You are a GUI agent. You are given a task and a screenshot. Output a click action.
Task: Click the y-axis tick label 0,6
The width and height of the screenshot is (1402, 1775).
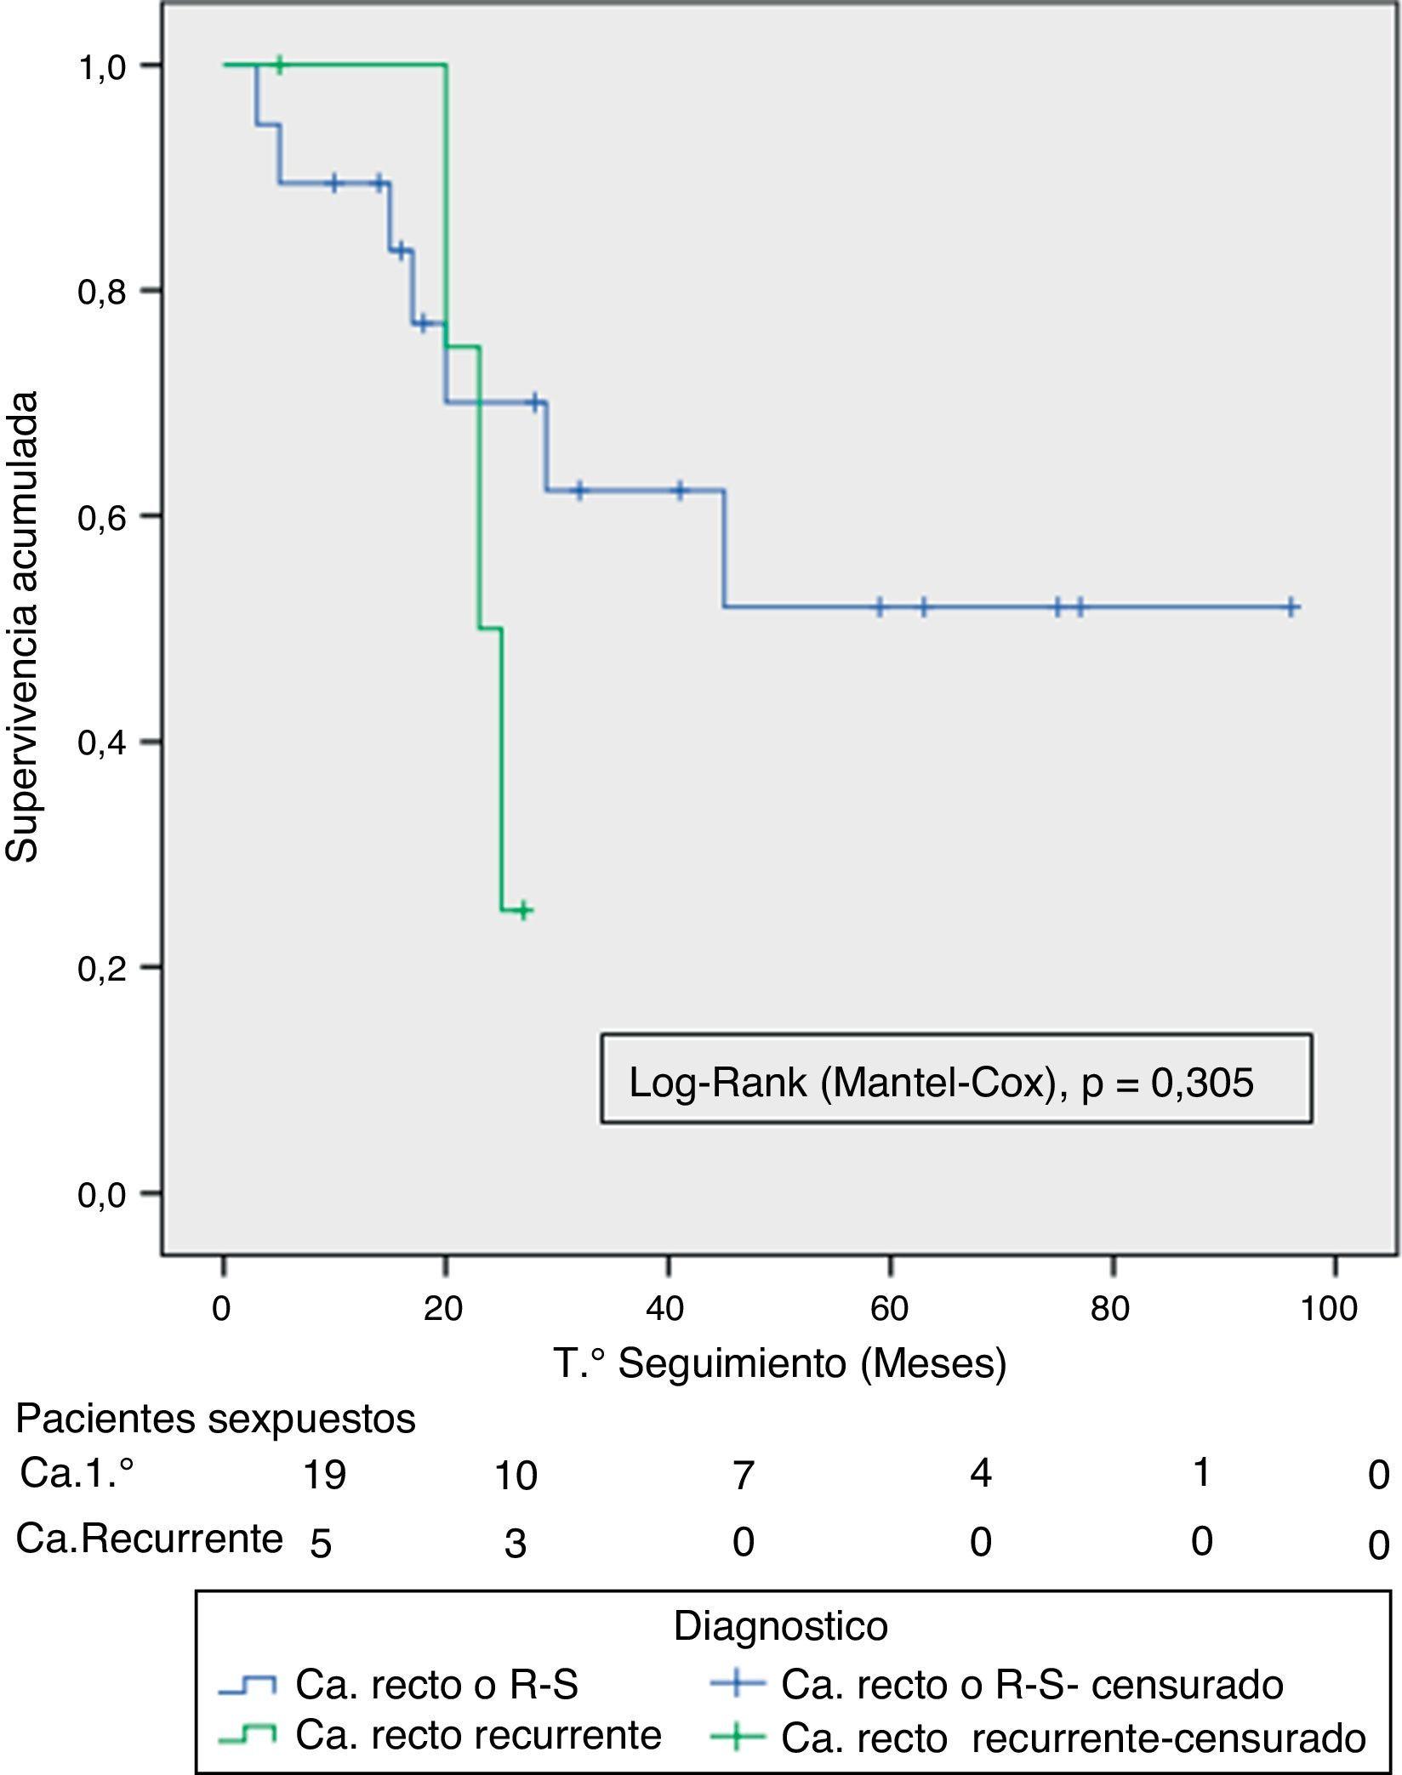[101, 516]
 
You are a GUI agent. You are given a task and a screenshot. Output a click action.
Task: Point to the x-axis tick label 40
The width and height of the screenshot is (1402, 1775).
[665, 1307]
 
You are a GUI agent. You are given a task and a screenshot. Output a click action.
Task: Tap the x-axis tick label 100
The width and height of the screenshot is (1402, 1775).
[1329, 1307]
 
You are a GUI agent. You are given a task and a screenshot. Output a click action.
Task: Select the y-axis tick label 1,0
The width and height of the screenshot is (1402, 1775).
[101, 65]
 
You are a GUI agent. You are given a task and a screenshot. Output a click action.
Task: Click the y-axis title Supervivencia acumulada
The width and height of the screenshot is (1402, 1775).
[24, 627]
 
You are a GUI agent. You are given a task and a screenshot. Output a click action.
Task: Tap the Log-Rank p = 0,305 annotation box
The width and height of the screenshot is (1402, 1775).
[956, 1078]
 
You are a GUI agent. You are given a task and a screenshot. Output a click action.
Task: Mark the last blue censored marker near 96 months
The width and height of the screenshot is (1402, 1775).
[1291, 606]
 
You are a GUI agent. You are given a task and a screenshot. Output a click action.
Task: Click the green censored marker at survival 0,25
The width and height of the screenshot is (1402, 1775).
[524, 910]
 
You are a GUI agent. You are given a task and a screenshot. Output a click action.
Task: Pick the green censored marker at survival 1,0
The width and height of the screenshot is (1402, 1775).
[279, 64]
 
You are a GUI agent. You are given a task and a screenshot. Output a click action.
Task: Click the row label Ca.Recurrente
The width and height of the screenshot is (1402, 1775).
[150, 1538]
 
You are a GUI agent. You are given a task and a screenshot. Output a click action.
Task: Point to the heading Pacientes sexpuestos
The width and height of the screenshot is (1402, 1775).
[216, 1418]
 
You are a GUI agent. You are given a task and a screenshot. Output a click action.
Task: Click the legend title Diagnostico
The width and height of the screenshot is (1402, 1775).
[780, 1626]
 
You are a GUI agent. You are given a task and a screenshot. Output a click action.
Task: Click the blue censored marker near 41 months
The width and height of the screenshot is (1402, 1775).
[680, 491]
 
